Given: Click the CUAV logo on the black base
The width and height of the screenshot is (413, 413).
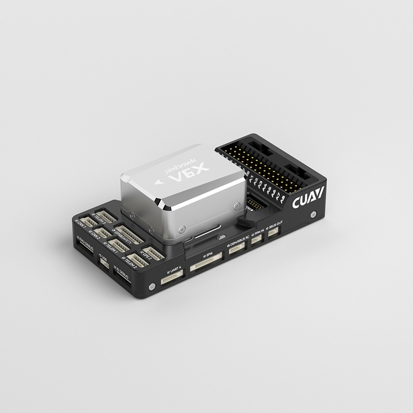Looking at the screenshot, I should point(308,198).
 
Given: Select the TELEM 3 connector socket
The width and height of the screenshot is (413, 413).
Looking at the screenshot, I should point(106,215).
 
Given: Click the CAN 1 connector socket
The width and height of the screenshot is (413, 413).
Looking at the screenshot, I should point(89,223).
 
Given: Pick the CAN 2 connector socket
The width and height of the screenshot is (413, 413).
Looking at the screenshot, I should point(104,233).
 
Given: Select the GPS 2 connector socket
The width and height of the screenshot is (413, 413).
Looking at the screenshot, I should point(153,251).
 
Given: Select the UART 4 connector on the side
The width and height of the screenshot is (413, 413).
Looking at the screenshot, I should point(172,277).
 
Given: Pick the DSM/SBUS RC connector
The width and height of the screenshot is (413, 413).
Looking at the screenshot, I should point(237,249).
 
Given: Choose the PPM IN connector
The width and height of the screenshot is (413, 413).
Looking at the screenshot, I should point(257,241).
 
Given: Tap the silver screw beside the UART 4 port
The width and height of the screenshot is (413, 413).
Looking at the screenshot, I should point(151,287).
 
